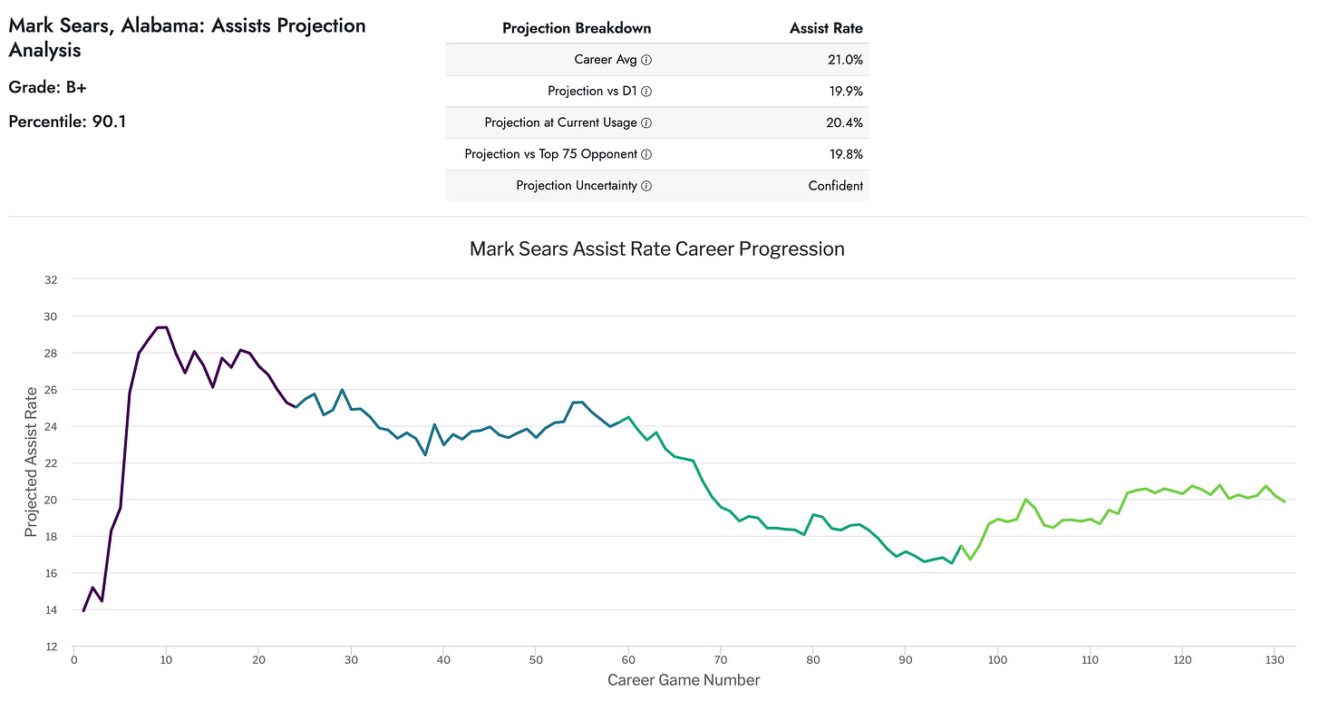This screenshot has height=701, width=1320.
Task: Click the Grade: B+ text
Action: tap(47, 87)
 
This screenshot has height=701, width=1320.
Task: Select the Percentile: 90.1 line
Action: tap(67, 121)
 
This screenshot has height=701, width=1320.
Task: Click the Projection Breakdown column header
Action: tap(576, 28)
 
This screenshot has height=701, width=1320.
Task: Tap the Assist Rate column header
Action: tap(826, 28)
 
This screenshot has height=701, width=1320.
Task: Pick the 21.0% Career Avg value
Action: tap(843, 60)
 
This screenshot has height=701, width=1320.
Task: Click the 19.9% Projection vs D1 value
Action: tap(843, 91)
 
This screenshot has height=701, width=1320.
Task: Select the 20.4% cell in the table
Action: tap(843, 122)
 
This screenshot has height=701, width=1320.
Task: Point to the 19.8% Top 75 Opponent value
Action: tap(843, 154)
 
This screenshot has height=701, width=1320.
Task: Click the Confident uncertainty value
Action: tap(835, 186)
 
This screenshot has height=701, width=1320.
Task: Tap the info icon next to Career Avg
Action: tap(646, 60)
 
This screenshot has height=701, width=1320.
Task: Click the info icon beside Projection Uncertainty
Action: tap(646, 186)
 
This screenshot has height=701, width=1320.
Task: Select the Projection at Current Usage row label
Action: tap(560, 122)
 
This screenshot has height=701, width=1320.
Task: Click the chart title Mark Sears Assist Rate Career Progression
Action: tap(656, 248)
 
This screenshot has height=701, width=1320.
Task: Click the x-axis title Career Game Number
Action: tap(684, 680)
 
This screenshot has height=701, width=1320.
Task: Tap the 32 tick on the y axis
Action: tap(51, 280)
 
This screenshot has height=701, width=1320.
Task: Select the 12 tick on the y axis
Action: tap(51, 647)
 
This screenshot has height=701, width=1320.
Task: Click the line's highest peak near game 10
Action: tap(163, 327)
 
